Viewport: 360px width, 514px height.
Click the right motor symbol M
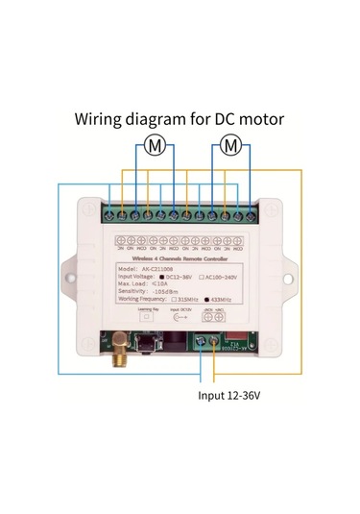(228, 146)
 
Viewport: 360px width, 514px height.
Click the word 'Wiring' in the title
(102, 121)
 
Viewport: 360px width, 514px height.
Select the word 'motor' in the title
(259, 121)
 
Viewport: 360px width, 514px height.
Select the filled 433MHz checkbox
(206, 300)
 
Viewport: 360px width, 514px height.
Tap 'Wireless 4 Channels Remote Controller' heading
(180, 259)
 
